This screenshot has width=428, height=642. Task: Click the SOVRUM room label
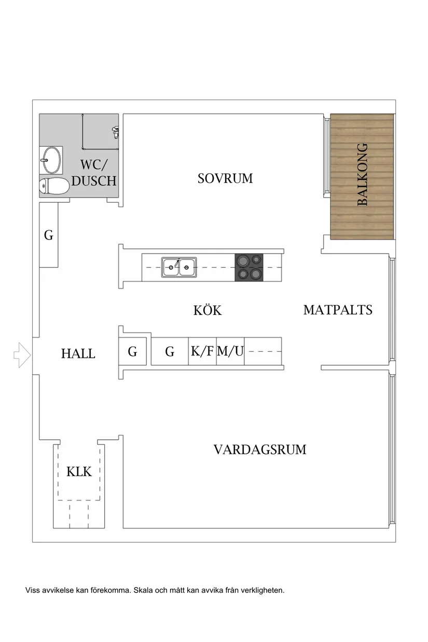tap(225, 178)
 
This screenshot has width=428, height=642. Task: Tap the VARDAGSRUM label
tap(259, 449)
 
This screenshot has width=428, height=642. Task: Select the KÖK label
tap(208, 310)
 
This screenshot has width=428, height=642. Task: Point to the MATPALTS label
tap(338, 310)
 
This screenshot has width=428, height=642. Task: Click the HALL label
tap(78, 354)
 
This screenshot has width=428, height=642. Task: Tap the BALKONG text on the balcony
tap(362, 175)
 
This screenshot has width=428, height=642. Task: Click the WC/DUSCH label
tap(94, 173)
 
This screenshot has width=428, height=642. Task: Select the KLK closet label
tap(79, 471)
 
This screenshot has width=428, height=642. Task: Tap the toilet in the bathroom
tap(54, 186)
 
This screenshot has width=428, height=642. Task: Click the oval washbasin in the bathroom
tap(51, 160)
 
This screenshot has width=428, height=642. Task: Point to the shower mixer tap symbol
tap(115, 132)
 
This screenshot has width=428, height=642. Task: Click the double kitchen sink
tap(178, 267)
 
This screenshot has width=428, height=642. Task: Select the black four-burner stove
tap(248, 267)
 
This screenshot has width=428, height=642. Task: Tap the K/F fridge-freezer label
tap(202, 351)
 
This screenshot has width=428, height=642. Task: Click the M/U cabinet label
tap(230, 351)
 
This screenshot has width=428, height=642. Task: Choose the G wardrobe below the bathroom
tap(49, 235)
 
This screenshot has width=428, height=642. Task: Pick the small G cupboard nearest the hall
tap(132, 352)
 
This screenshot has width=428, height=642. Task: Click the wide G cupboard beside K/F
tap(170, 352)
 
